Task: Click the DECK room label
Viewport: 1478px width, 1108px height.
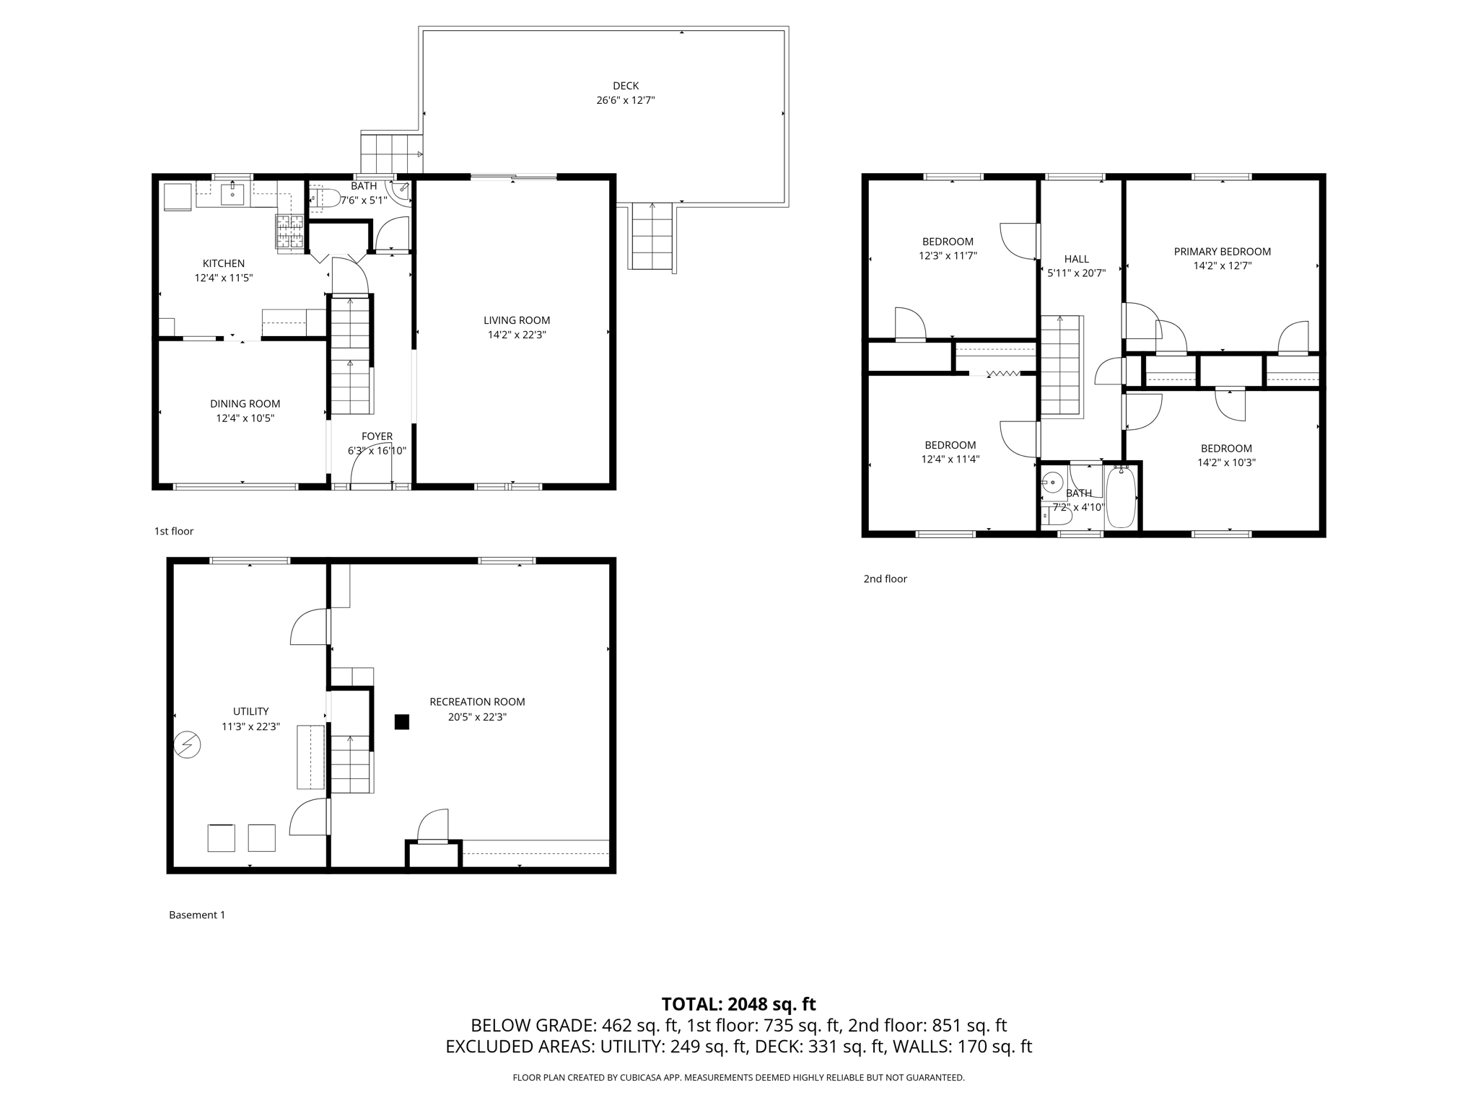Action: click(x=626, y=86)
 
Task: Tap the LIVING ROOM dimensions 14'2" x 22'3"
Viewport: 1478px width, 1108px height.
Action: click(x=517, y=335)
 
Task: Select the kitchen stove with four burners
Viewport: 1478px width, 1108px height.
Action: click(x=290, y=232)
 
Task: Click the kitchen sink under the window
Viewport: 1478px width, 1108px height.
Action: click(x=232, y=194)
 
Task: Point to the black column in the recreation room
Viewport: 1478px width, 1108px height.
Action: click(x=402, y=721)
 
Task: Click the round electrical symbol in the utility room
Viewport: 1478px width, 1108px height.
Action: click(x=188, y=745)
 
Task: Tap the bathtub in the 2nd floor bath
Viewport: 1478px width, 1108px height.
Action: click(x=1121, y=498)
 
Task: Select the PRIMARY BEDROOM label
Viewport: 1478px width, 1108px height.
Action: click(x=1222, y=252)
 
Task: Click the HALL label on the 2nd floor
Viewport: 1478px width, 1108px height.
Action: click(x=1076, y=259)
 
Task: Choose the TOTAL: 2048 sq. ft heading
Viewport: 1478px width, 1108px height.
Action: click(x=738, y=1004)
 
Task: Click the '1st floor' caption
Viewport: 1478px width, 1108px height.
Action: click(x=174, y=531)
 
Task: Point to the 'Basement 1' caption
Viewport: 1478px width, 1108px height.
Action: click(x=197, y=915)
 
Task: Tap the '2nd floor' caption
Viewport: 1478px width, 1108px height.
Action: click(x=885, y=579)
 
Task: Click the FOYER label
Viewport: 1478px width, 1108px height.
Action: click(x=377, y=436)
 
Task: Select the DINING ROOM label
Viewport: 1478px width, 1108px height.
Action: click(x=245, y=404)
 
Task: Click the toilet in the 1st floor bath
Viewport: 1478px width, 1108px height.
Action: click(x=324, y=198)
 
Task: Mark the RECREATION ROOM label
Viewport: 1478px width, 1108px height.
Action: click(x=477, y=702)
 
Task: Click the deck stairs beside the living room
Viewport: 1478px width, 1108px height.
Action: click(x=652, y=236)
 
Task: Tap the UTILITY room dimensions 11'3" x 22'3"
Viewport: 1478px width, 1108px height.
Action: click(x=250, y=727)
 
